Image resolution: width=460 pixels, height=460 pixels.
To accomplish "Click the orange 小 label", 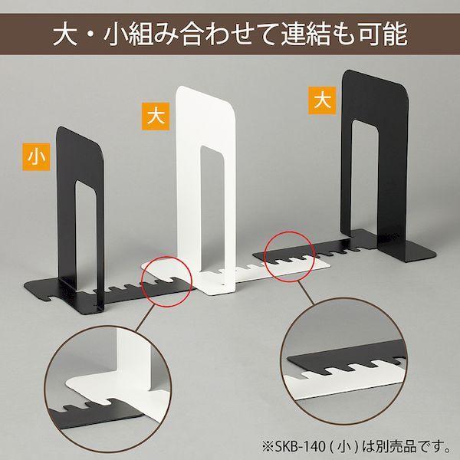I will [x=34, y=157].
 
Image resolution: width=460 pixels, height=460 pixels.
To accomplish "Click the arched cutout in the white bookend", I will [x=213, y=207].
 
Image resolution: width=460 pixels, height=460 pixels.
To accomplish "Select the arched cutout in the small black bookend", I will [x=90, y=230].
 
